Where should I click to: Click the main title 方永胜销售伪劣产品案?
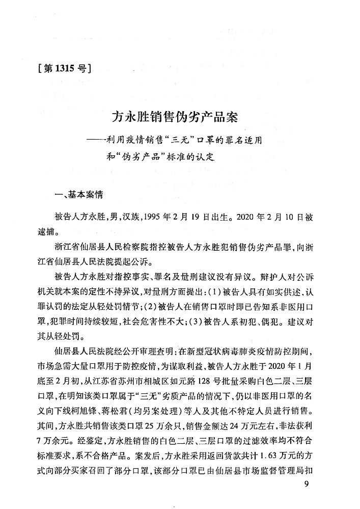point(175,119)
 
